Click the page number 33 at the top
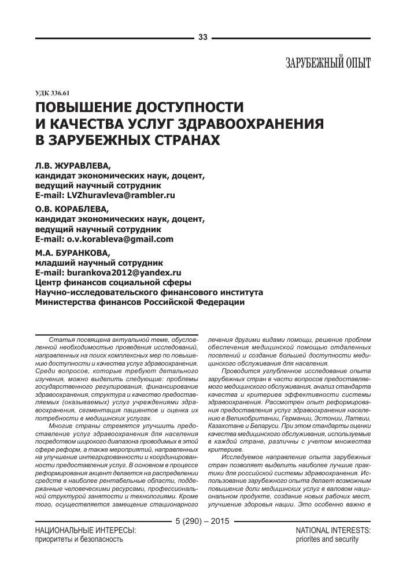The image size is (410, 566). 202,38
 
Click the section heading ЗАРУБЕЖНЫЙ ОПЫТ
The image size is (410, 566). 328,63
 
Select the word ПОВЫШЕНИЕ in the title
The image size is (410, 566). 90,108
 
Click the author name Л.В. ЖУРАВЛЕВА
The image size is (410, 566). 72,165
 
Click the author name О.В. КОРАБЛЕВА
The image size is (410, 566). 72,209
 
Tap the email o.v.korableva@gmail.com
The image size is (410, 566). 124,239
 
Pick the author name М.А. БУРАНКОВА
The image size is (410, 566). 72,252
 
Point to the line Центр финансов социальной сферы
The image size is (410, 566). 113,282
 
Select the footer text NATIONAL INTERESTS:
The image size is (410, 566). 333,530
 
